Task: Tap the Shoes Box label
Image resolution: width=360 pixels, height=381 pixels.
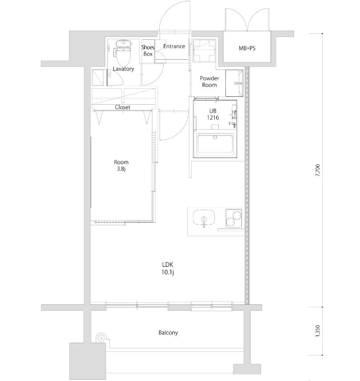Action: [x=148, y=50]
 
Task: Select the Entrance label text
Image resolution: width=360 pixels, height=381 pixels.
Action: [x=174, y=46]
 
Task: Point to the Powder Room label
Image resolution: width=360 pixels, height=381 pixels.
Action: [x=209, y=82]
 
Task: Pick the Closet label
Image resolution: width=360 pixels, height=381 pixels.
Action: [x=123, y=107]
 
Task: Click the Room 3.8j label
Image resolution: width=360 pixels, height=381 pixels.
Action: [x=121, y=165]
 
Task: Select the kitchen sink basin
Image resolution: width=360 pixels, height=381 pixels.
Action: [x=204, y=219]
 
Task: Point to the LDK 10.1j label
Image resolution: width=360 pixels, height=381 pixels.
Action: [x=168, y=268]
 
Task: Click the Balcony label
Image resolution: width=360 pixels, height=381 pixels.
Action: [x=168, y=333]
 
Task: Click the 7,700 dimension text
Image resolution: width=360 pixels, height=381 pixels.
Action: [x=318, y=171]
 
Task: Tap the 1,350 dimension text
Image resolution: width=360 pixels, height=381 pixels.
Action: [x=318, y=332]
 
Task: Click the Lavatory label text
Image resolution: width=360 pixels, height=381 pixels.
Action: [x=123, y=69]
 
